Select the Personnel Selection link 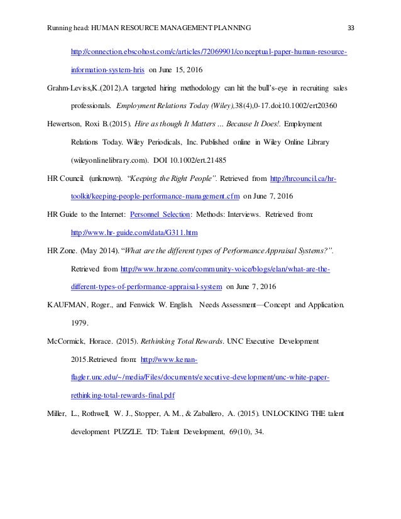tap(159, 197)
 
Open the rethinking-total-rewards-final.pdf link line tap(123, 396)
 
